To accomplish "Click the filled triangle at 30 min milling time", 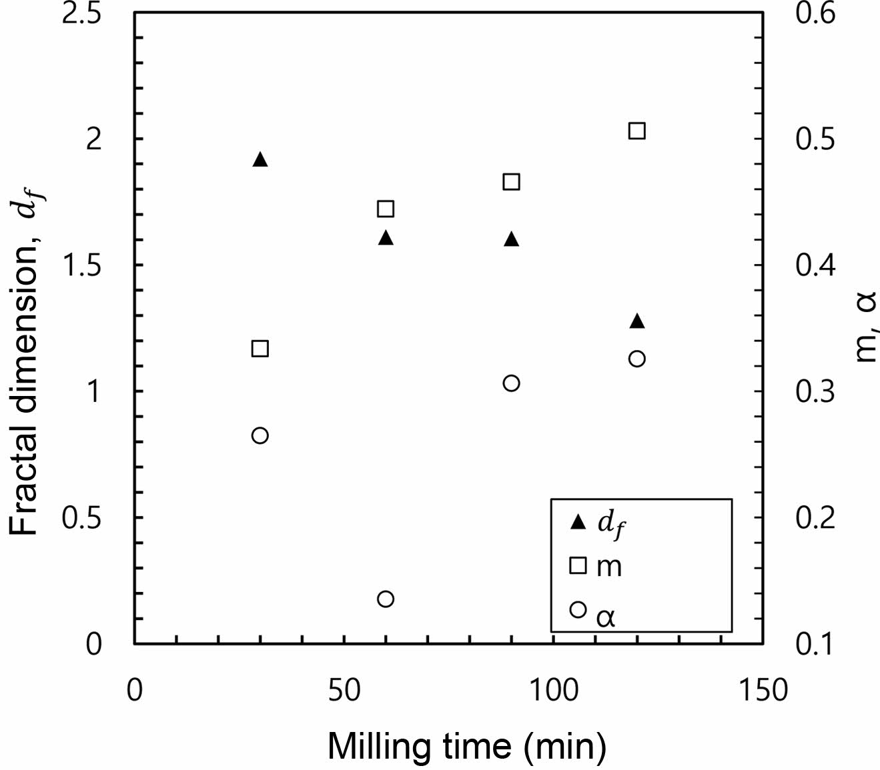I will coord(260,159).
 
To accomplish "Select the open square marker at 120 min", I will coord(637,130).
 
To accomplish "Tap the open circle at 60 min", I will coord(386,599).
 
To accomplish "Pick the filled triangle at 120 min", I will coord(637,321).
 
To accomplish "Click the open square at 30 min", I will coord(260,349).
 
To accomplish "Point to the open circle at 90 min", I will coord(511,383).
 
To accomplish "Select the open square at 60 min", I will coord(386,209).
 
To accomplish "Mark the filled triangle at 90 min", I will coord(511,239).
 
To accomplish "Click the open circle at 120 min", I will coord(637,359).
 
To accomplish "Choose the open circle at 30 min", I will coord(260,435).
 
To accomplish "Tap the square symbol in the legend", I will coord(578,566).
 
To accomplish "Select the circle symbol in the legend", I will coord(578,609).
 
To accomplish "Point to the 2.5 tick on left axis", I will coord(81,14).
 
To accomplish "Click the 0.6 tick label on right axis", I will coord(815,14).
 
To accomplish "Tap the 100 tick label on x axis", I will coord(553,690).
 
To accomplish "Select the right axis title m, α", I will coord(865,327).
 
